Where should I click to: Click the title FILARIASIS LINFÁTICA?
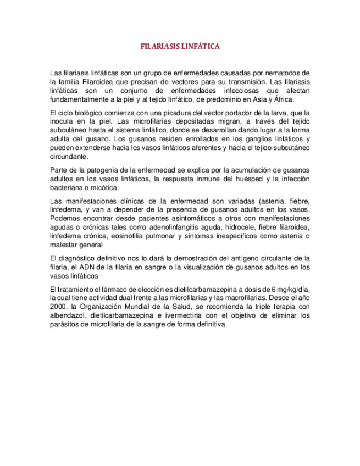pyautogui.click(x=180, y=47)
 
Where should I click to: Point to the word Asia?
pyautogui.click(x=261, y=99)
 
